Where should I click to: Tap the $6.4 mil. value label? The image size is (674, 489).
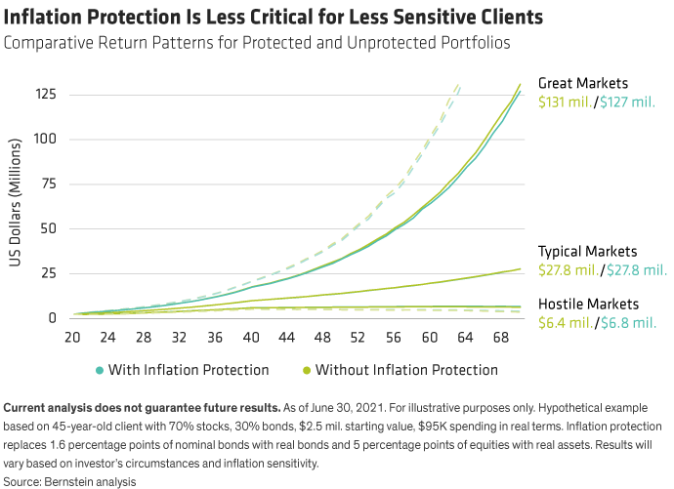(x=566, y=321)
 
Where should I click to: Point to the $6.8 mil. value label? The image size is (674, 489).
(x=628, y=321)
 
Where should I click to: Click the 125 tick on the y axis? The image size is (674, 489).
(x=45, y=95)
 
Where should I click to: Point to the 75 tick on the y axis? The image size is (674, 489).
(x=49, y=184)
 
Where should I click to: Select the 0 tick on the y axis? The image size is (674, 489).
(x=54, y=318)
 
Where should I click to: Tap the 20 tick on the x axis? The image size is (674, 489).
(x=71, y=337)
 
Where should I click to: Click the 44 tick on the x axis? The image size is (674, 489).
(x=289, y=337)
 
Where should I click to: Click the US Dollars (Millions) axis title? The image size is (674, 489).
(x=17, y=205)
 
